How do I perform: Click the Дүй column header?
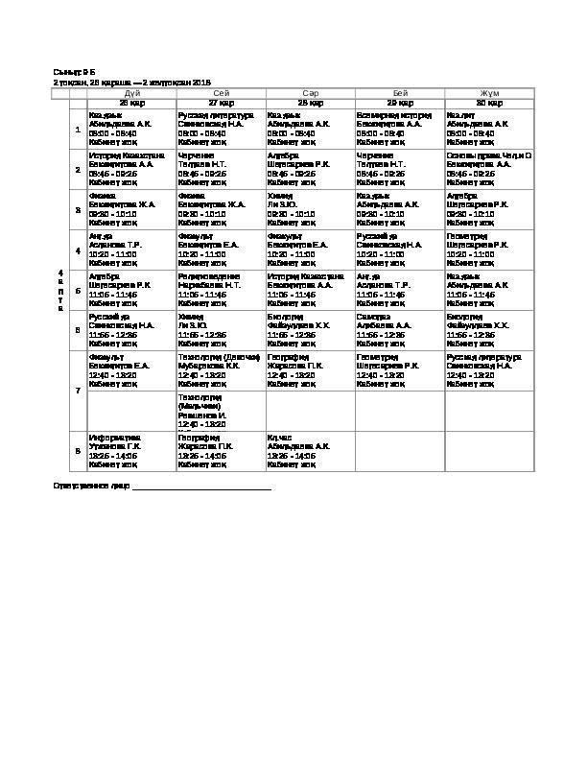[132, 92]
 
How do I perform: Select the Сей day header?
[221, 92]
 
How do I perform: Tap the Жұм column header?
[489, 92]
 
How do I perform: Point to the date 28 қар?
[310, 102]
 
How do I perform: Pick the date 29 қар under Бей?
[399, 102]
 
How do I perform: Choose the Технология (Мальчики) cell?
[221, 410]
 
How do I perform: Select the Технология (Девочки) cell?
[221, 369]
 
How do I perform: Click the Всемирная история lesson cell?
[399, 129]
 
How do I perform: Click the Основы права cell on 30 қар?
[489, 169]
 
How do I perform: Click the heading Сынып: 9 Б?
[74, 73]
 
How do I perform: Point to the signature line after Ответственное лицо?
[201, 488]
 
